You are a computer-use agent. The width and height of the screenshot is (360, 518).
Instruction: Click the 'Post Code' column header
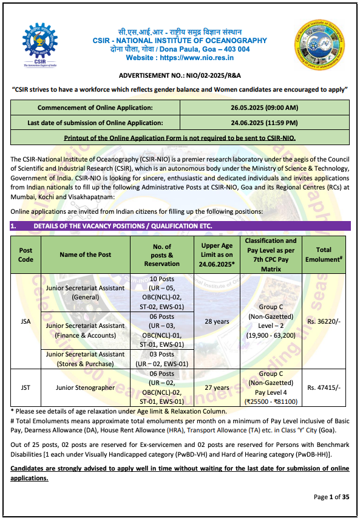click(26, 254)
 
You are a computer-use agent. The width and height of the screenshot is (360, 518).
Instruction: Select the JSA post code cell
click(26, 320)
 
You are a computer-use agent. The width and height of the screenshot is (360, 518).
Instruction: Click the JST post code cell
click(26, 387)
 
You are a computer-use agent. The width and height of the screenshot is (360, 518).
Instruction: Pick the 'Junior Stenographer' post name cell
click(86, 387)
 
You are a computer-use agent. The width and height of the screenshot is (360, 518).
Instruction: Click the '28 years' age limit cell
click(217, 320)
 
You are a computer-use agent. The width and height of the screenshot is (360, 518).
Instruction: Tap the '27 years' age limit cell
click(217, 387)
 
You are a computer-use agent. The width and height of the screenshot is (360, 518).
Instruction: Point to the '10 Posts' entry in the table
click(162, 278)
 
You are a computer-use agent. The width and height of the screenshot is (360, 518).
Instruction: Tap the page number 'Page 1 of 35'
click(331, 497)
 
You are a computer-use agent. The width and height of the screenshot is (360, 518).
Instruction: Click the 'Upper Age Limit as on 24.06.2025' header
click(217, 254)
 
